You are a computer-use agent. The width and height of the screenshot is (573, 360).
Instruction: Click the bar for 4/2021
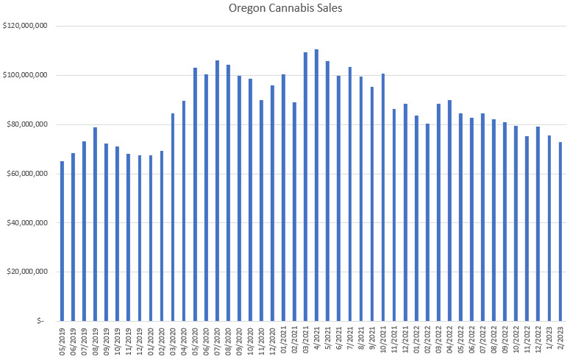tap(316, 185)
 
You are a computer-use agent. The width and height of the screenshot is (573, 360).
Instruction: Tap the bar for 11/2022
tap(527, 228)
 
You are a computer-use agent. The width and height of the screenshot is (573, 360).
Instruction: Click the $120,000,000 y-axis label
tap(26, 27)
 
